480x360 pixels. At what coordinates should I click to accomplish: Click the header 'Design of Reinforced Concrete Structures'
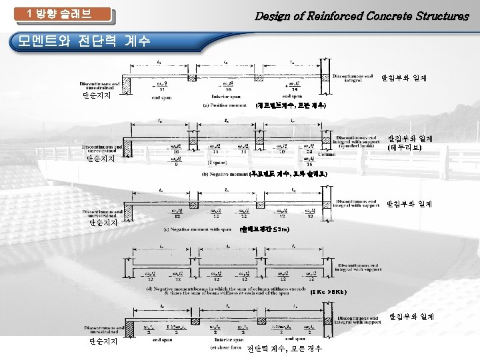[x=362, y=16]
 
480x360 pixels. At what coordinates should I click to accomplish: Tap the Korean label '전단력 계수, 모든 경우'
[x=284, y=349]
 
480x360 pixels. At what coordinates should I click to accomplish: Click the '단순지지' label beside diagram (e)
[x=104, y=341]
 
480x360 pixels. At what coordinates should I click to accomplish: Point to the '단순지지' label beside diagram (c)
[x=104, y=223]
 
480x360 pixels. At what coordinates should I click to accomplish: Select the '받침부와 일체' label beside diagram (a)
[x=404, y=79]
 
